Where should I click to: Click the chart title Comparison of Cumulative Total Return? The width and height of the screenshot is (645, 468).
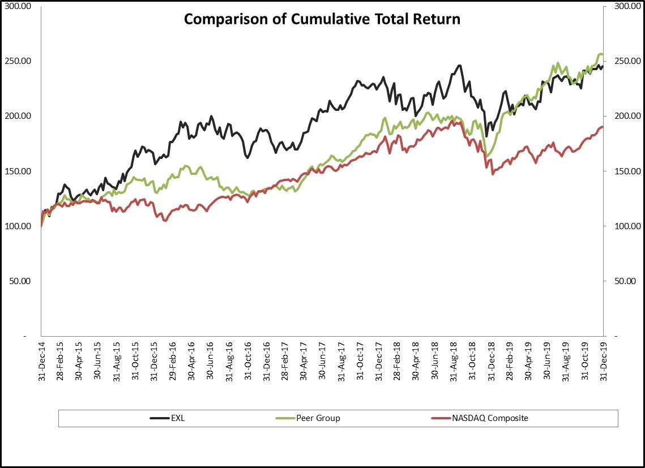point(322,19)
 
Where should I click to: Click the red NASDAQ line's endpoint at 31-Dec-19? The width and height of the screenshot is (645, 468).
point(603,127)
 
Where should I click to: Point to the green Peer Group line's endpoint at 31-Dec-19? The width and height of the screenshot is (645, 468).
point(603,55)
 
